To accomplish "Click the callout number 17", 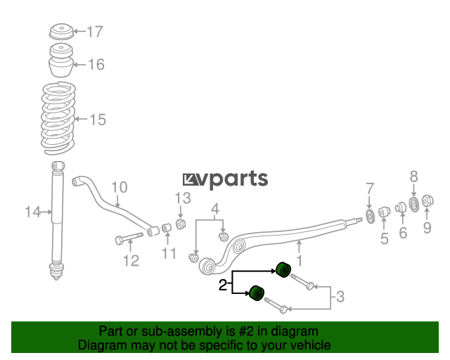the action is pyautogui.click(x=95, y=32).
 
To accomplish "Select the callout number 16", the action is pyautogui.click(x=96, y=64).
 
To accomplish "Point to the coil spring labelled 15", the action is pyautogui.click(x=58, y=118).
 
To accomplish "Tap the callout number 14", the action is pyautogui.click(x=33, y=212).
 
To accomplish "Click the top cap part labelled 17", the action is pyautogui.click(x=61, y=32).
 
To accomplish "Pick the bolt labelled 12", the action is pyautogui.click(x=129, y=238).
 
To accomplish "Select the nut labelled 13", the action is pyautogui.click(x=180, y=224).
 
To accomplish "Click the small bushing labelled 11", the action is pyautogui.click(x=167, y=228).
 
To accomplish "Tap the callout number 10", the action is pyautogui.click(x=119, y=187).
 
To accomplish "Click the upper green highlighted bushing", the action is pyautogui.click(x=283, y=269).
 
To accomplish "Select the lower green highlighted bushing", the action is pyautogui.click(x=256, y=293).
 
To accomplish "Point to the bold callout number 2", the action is pyautogui.click(x=223, y=285).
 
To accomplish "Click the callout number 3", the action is pyautogui.click(x=340, y=296).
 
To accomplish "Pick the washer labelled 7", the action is pyautogui.click(x=371, y=216).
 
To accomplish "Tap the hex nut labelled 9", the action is pyautogui.click(x=427, y=200).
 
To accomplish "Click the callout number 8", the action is pyautogui.click(x=413, y=176).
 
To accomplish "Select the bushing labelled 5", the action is pyautogui.click(x=385, y=212).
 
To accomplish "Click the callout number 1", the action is pyautogui.click(x=300, y=261).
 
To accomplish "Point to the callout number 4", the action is pyautogui.click(x=215, y=209).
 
